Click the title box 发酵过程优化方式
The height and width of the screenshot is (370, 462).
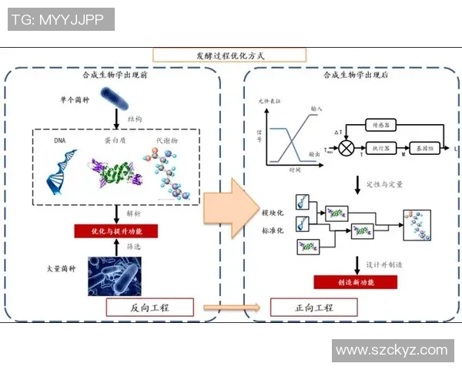click(229, 55)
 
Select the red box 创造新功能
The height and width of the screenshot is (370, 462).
click(356, 282)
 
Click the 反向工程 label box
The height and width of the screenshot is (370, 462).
click(149, 308)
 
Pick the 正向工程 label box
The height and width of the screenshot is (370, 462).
click(314, 308)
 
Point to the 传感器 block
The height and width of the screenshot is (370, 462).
click(380, 123)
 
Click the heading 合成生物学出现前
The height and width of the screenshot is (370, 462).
click(116, 76)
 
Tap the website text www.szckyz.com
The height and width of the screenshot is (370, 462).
click(392, 350)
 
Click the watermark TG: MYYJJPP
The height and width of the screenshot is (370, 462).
click(61, 19)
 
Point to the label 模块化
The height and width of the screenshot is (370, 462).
click(272, 211)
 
